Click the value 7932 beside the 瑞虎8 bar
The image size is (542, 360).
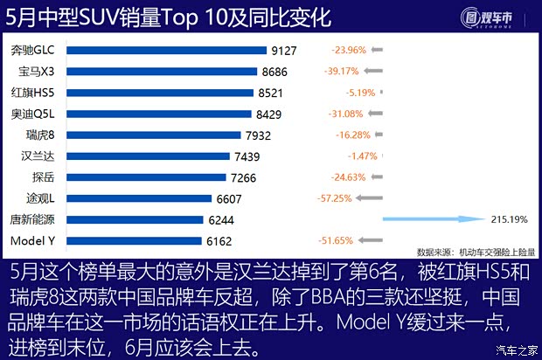click(259, 135)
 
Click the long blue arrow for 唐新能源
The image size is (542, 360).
click(433, 219)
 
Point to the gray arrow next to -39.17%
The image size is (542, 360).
click(374, 72)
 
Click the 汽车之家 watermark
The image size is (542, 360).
click(516, 351)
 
